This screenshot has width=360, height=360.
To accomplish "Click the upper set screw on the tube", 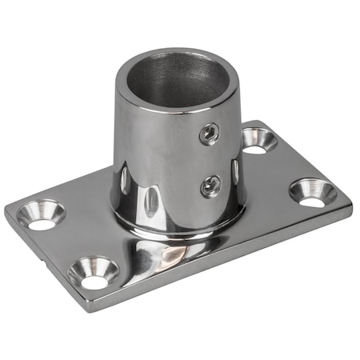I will coord(209,133).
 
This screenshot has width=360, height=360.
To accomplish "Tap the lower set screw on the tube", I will coord(210,186).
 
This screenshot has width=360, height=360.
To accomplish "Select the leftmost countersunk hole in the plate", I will coord(42,214).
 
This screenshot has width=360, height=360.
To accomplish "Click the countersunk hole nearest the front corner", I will coord(94,273).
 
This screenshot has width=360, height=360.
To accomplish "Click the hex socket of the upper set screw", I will coord(209,133).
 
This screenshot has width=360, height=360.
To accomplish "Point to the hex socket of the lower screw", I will coord(210,186).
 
